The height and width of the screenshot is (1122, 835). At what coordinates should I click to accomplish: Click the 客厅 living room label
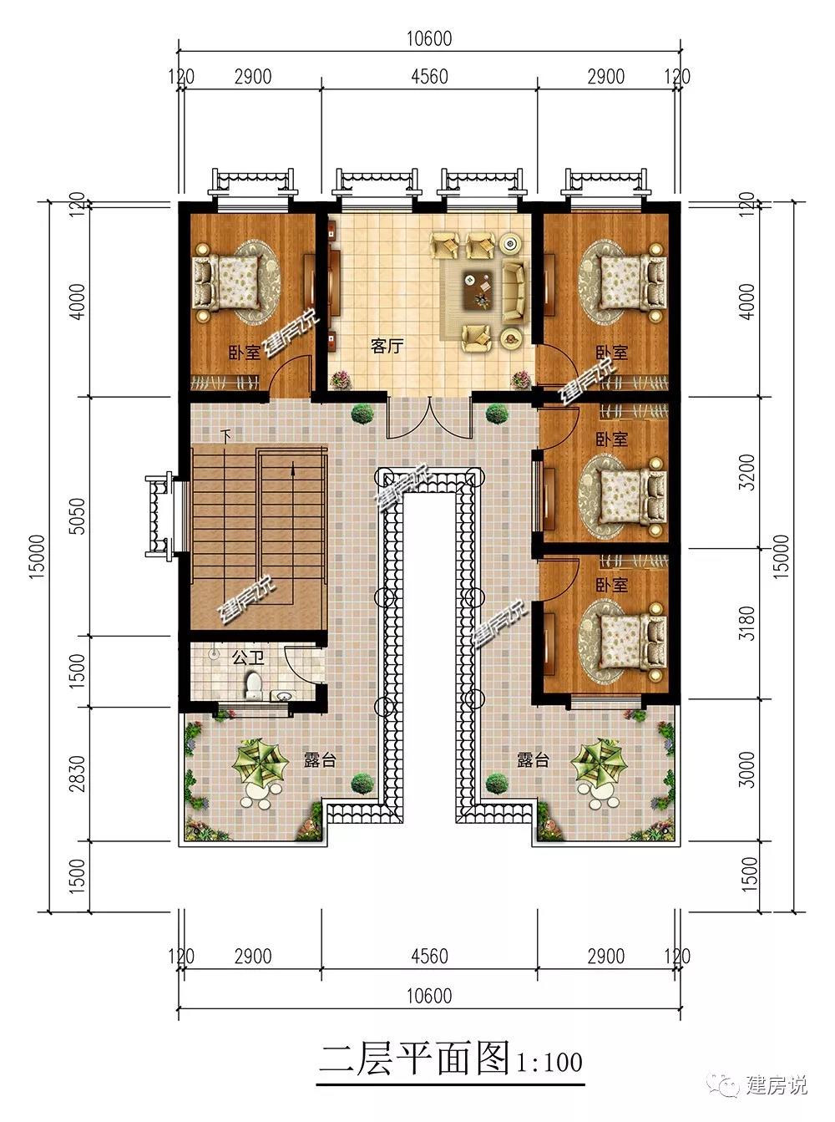click(x=387, y=346)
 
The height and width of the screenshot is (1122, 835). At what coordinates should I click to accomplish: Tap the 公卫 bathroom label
click(x=248, y=658)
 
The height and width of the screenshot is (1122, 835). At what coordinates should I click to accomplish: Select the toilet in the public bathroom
click(x=253, y=685)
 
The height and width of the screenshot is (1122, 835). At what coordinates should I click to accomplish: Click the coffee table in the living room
click(x=478, y=289)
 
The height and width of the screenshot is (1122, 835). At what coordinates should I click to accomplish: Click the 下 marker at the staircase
click(x=225, y=434)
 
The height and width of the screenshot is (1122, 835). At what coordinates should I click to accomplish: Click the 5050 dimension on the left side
click(x=78, y=516)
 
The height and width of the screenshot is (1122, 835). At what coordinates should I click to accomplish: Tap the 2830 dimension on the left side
click(x=78, y=774)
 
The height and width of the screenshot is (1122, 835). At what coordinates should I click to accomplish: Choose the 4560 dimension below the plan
click(x=429, y=956)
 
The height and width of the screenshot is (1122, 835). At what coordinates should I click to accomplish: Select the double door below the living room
click(x=429, y=418)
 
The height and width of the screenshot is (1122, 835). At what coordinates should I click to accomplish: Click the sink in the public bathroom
click(x=281, y=696)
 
